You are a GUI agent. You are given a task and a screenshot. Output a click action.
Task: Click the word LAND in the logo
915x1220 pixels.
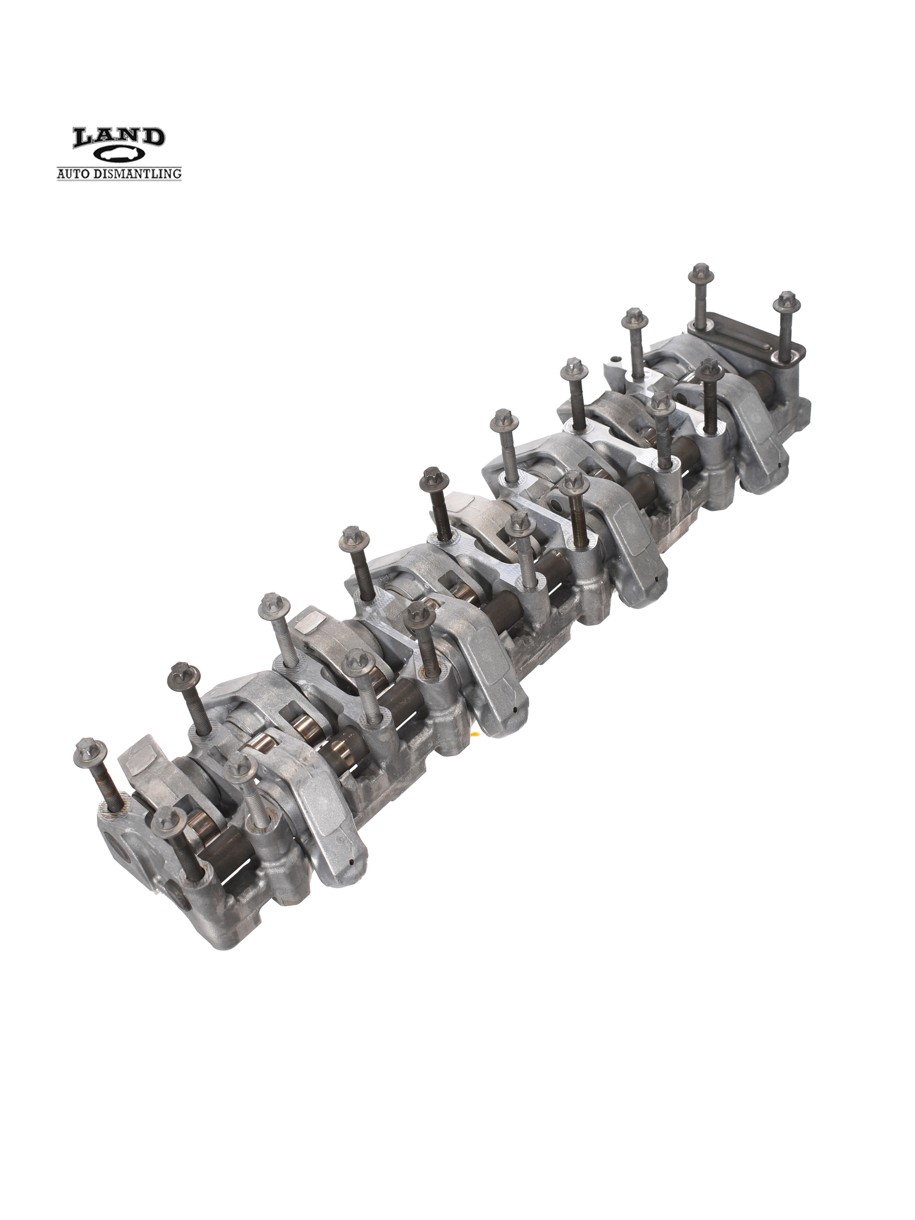coord(119,138)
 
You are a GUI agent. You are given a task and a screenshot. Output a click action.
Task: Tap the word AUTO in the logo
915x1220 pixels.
coord(75,174)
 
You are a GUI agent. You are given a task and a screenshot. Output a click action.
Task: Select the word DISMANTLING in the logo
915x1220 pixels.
coord(138,174)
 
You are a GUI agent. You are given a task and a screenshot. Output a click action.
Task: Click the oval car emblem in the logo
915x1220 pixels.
coord(119,155)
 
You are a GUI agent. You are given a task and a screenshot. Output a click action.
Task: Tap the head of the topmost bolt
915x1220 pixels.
coord(703,273)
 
